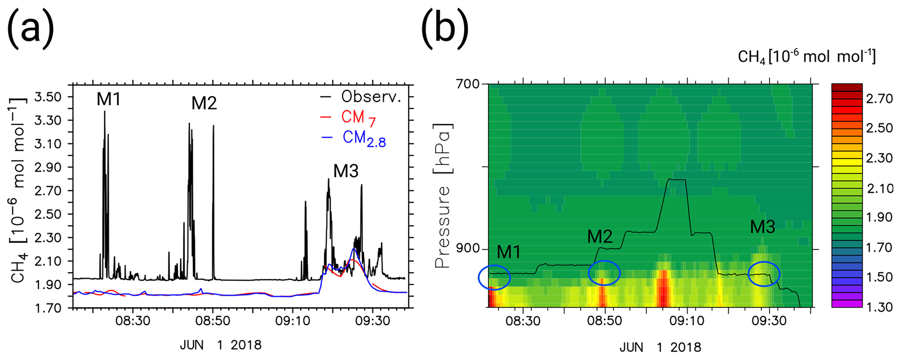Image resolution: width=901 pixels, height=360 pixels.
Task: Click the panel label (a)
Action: (30, 27)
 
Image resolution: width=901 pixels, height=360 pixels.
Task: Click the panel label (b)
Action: (445, 27)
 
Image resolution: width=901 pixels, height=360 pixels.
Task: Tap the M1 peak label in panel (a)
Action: (109, 100)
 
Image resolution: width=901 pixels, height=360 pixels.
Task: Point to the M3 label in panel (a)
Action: (346, 171)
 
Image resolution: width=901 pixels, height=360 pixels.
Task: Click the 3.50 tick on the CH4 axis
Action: (48, 97)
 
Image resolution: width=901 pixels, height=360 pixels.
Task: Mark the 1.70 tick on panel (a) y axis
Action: (48, 308)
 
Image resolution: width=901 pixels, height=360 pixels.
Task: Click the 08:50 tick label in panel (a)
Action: (213, 321)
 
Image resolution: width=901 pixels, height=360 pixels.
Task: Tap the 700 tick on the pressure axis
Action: (468, 84)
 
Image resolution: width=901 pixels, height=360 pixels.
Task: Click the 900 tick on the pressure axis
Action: (468, 249)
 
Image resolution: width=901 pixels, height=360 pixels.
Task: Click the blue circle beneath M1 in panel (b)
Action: (494, 277)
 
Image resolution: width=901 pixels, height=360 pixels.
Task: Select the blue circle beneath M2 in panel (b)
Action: (604, 273)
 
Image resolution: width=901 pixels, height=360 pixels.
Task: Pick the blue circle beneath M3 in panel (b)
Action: (764, 274)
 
